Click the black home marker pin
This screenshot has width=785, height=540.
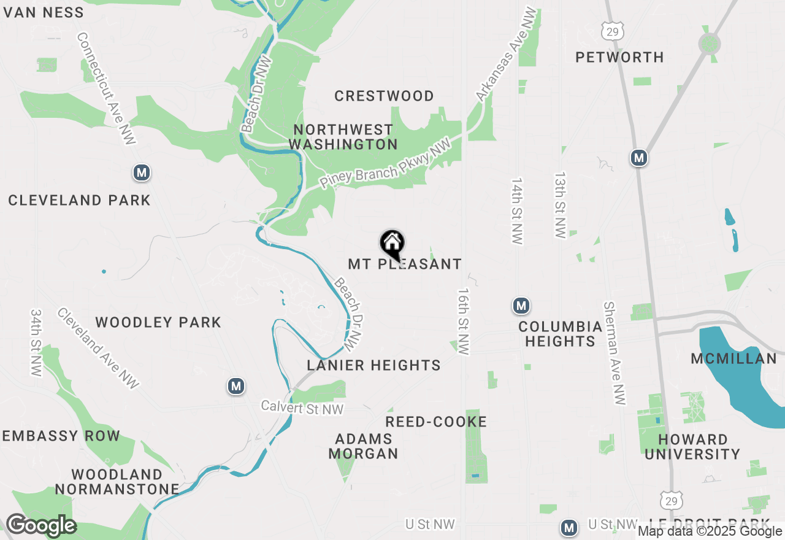[392, 244]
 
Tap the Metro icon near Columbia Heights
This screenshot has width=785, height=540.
[521, 305]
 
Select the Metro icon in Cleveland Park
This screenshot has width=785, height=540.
[142, 173]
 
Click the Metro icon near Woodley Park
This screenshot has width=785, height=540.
[236, 386]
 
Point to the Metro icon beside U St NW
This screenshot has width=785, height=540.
[569, 527]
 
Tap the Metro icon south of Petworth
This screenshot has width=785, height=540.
[639, 158]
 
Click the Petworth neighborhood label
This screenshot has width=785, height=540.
[619, 57]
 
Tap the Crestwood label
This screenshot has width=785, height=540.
[384, 96]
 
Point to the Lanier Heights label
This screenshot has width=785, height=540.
[373, 365]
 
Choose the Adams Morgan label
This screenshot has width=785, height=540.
[364, 446]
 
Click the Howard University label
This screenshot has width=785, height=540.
[692, 447]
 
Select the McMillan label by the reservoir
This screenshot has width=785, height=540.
[733, 358]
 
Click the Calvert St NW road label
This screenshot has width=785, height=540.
[302, 407]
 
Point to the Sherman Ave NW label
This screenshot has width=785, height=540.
[615, 353]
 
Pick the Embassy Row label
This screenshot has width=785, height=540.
[61, 436]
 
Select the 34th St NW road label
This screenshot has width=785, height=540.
[36, 342]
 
